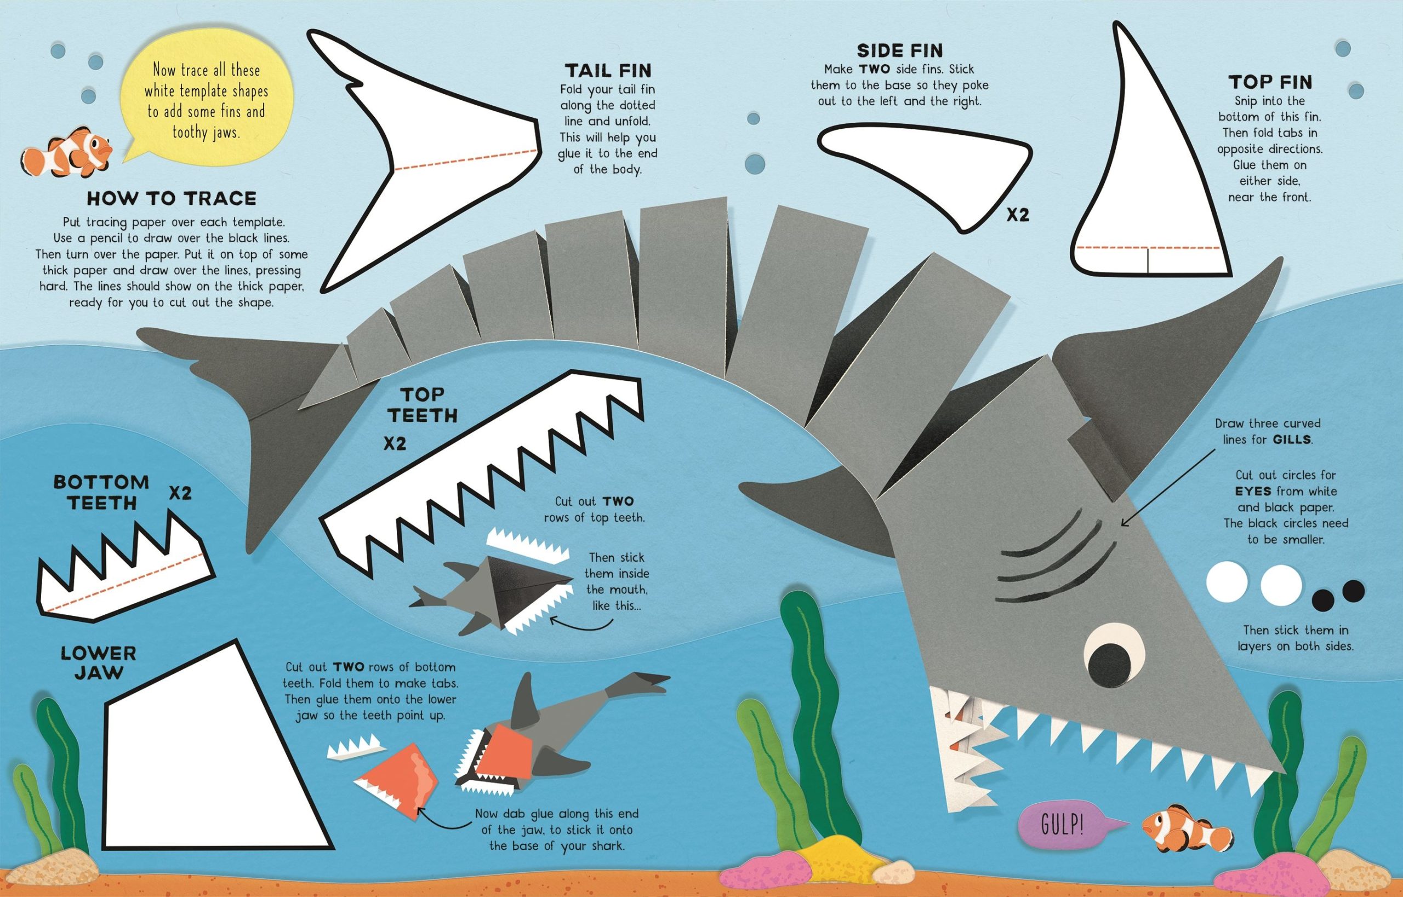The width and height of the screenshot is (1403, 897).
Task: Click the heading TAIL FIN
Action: (x=608, y=71)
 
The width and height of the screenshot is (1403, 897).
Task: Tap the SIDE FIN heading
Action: (x=899, y=50)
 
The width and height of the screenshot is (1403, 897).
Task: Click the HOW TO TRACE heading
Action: (x=172, y=198)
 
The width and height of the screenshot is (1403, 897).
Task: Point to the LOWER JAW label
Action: (x=99, y=663)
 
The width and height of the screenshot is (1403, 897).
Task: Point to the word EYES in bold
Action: (x=1252, y=490)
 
